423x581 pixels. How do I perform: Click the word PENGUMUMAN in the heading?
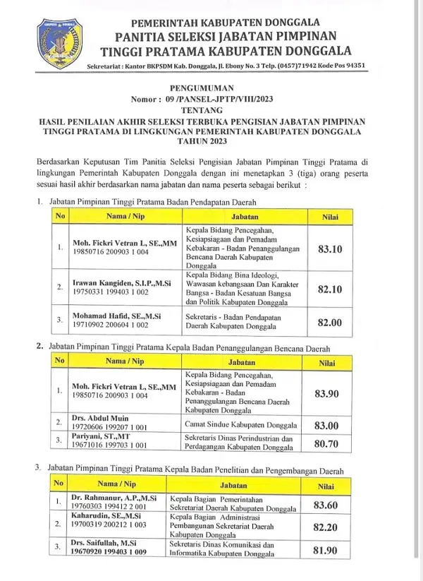tap(210, 89)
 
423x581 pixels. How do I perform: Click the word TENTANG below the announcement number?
tap(210, 111)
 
